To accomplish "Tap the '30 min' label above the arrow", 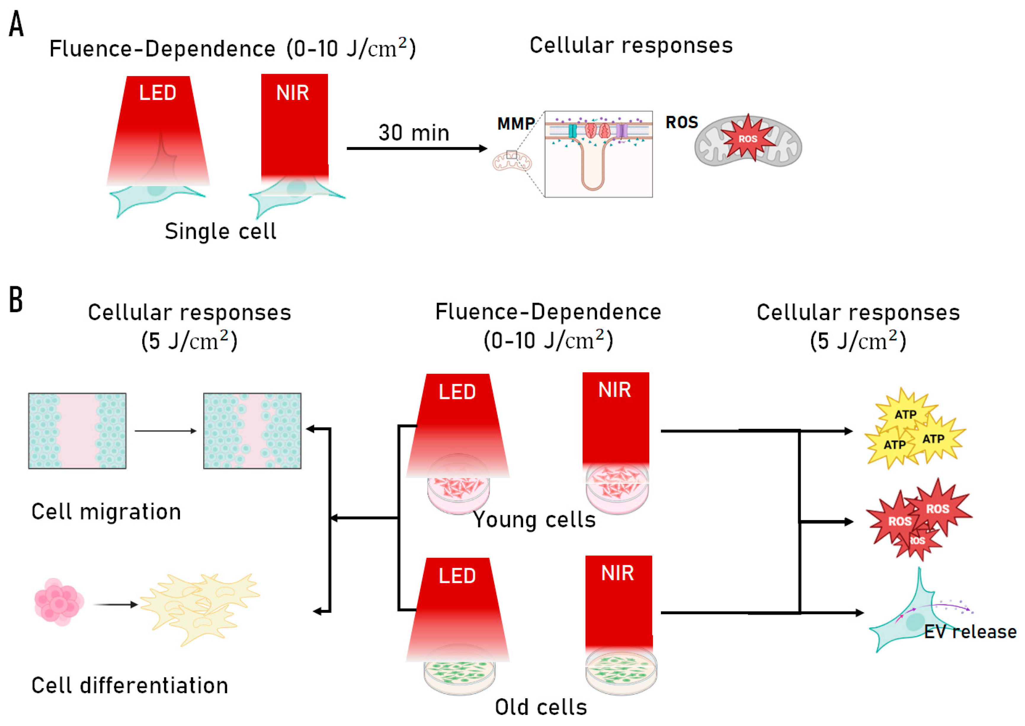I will pos(414,133).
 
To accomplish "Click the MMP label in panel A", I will pos(515,123).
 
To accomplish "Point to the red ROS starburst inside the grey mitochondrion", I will pos(748,139).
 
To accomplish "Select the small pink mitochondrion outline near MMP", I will pos(512,162).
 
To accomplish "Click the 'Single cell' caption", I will pos(220,231).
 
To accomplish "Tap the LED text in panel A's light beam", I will pos(158,93).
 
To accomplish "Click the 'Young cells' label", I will pos(535,520).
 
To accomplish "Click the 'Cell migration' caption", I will pos(106,512).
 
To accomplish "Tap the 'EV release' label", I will pos(970,632).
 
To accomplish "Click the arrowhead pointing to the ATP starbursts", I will pos(848,431).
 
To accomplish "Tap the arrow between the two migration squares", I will pos(166,431).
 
